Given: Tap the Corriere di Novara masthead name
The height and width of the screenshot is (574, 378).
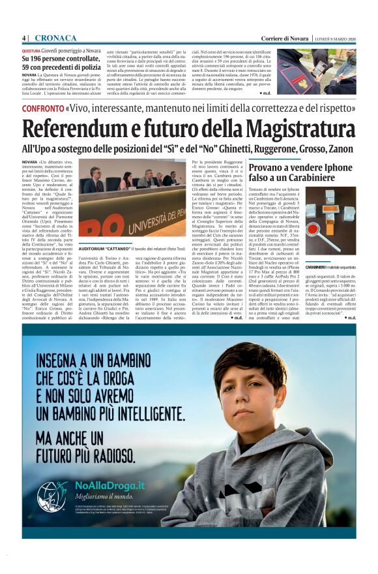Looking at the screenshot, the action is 285,37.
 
